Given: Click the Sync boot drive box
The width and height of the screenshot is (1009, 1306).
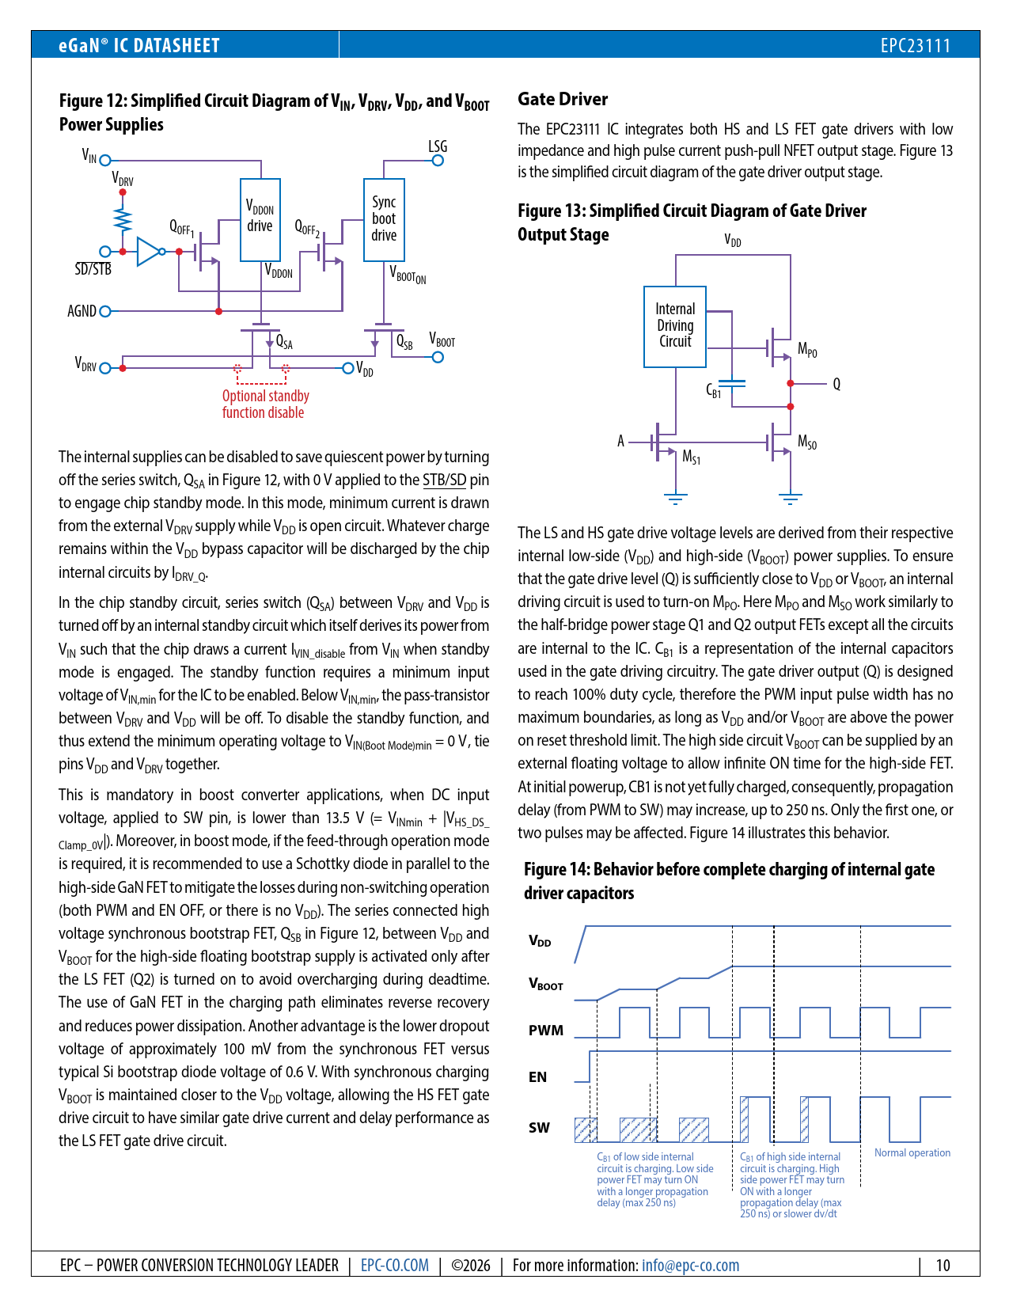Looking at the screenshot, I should pos(384,219).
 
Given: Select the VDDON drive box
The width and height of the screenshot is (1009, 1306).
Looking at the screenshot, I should pos(260,219).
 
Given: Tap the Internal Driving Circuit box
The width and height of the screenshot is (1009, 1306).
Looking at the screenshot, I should pos(675,326).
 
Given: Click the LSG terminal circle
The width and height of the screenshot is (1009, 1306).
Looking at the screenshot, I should pos(438,161).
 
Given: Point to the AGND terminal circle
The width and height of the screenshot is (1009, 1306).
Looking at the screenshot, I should pos(105,311).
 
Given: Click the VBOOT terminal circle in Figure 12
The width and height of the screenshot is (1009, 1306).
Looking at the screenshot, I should pos(438,357).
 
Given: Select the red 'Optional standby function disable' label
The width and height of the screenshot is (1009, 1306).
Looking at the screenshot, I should pos(265,404).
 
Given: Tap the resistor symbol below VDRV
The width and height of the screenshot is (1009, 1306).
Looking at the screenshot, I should pos(123,217).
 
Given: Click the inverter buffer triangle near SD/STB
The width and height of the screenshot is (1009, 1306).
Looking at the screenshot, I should pos(148,252).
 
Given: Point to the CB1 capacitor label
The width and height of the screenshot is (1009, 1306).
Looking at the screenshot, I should pos(713,390).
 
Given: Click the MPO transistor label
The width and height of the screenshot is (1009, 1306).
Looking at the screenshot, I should pos(807,350).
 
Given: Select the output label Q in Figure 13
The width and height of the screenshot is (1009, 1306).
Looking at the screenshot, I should pos(836,384).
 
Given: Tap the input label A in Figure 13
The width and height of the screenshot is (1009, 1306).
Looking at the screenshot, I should pos(620,441).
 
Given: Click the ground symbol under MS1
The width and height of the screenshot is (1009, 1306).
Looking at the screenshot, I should pos(675,499).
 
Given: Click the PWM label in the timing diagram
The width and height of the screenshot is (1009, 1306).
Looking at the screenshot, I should pos(546,1031).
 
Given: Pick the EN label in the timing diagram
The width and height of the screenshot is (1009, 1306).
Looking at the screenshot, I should pos(537,1077).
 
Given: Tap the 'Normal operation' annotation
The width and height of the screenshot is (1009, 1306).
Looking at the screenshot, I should pos(912,1153).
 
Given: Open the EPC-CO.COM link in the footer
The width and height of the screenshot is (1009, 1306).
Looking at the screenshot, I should pos(394,1265).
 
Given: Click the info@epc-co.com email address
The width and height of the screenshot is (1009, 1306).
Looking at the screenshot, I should pos(690,1265).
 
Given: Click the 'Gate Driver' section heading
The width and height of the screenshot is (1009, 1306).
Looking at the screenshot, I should pos(563,100).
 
